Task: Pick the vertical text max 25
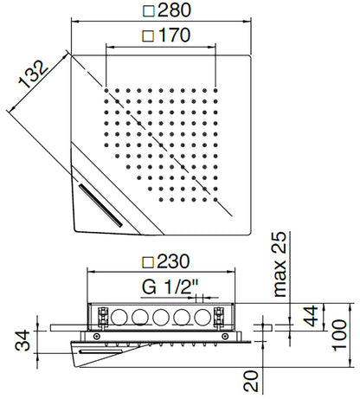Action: pyautogui.click(x=279, y=267)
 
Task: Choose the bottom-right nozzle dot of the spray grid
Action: pyautogui.click(x=210, y=191)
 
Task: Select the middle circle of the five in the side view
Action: pyautogui.click(x=159, y=315)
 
